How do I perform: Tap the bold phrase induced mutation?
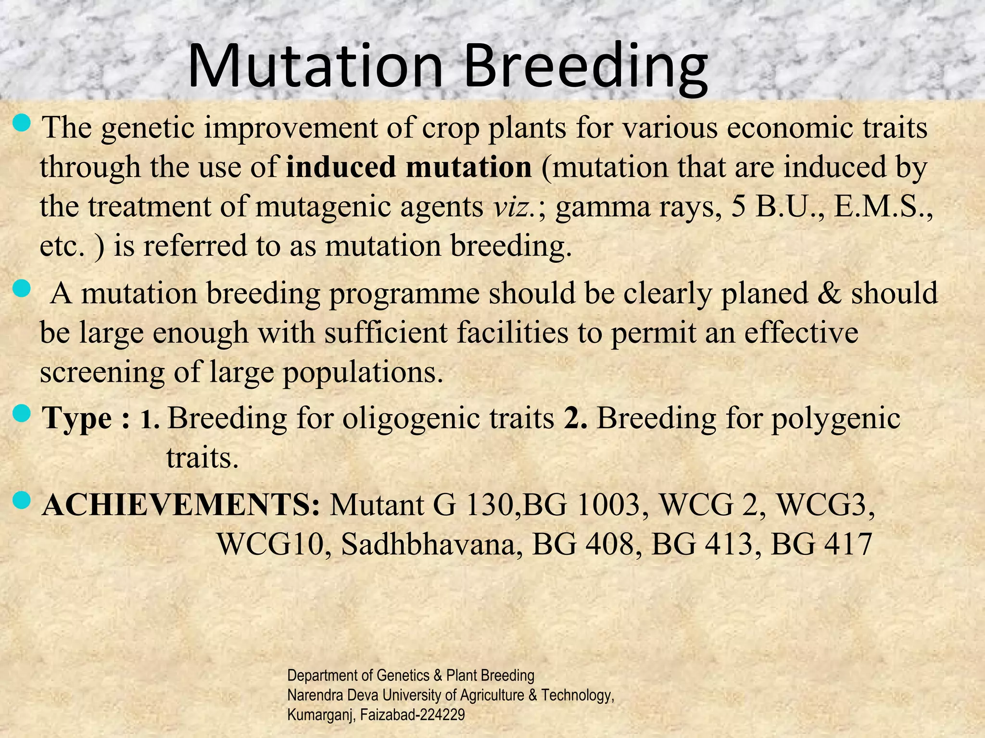(x=409, y=167)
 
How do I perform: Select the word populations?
(x=362, y=373)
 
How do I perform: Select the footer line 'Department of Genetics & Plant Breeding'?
(x=410, y=676)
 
